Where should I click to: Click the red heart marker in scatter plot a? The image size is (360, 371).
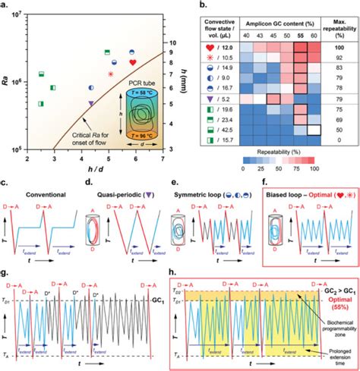click(133, 62)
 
